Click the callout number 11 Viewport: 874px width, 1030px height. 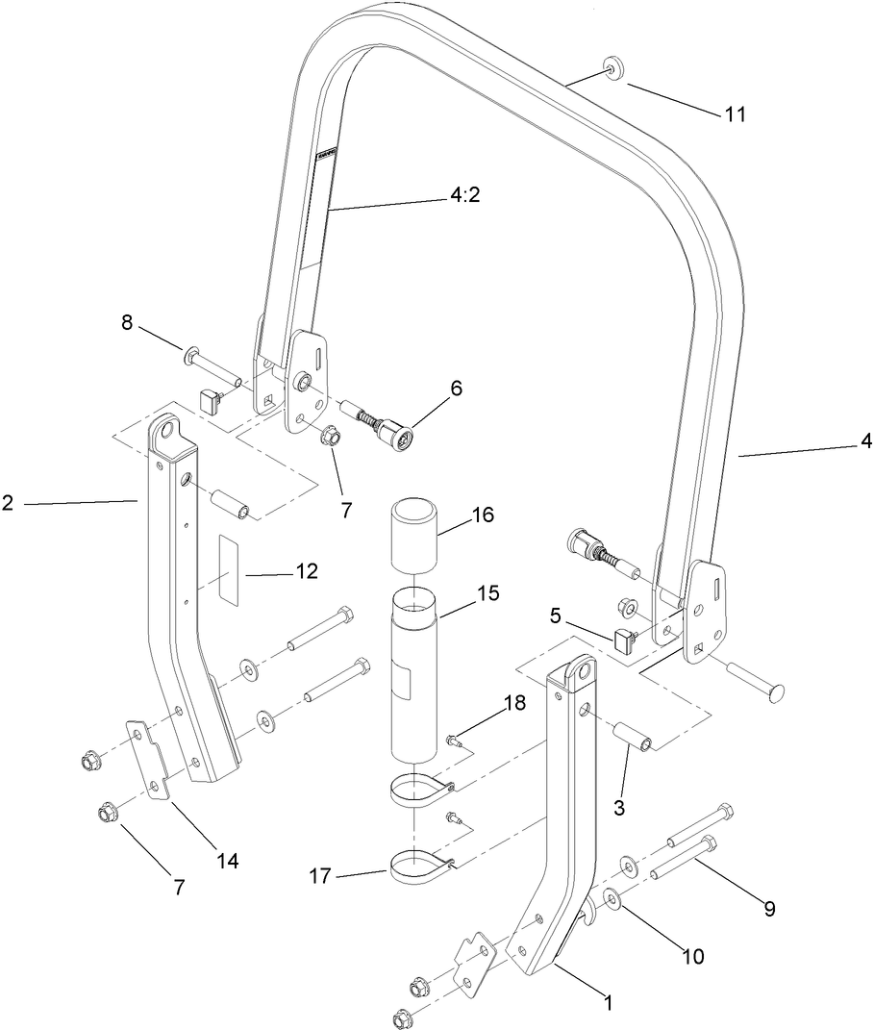736,113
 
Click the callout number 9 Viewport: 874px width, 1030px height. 768,907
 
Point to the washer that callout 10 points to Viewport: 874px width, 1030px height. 610,901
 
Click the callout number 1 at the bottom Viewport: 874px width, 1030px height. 607,1002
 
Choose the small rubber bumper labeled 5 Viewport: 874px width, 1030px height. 624,638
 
